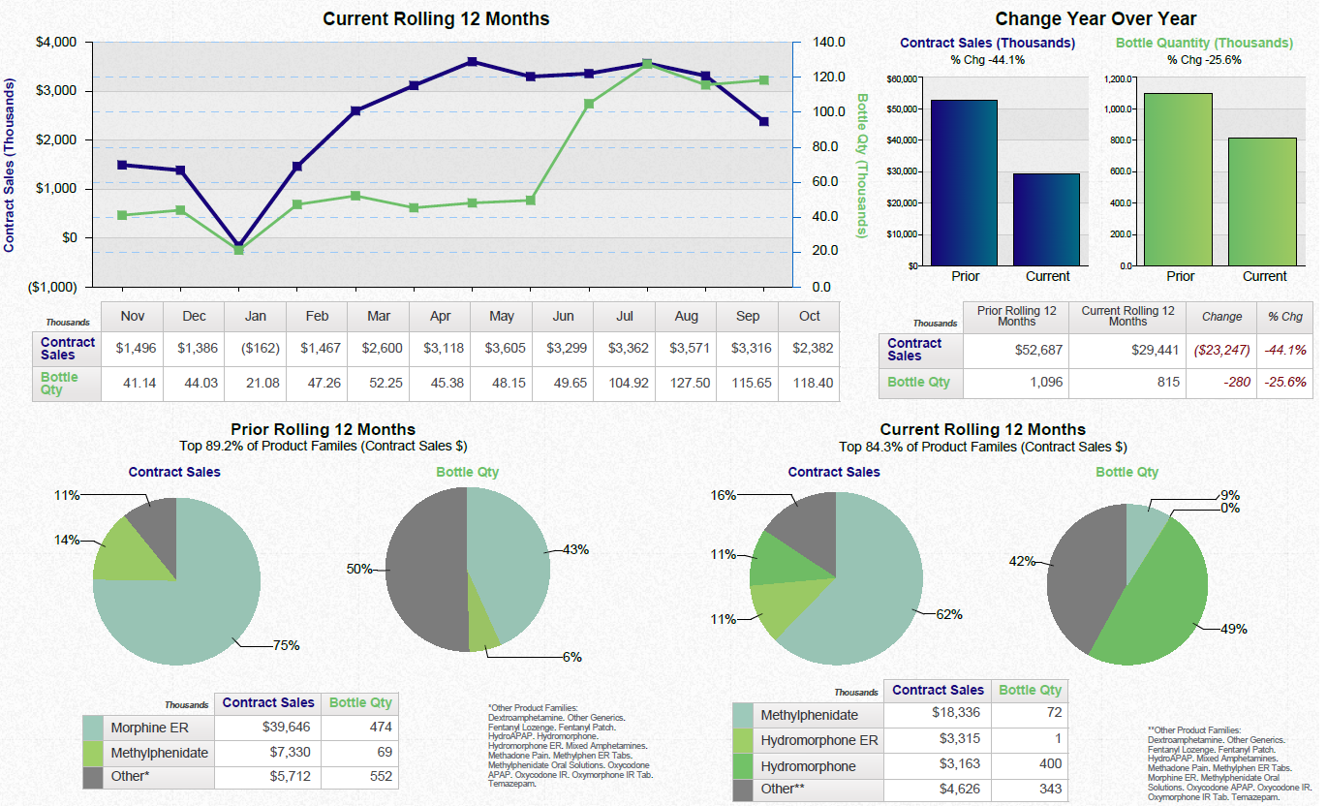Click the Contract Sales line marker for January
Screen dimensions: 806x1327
click(x=238, y=246)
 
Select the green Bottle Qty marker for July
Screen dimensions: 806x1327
click(x=647, y=64)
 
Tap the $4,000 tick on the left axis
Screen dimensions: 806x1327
click(x=57, y=43)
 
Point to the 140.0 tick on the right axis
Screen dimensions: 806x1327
click(x=829, y=43)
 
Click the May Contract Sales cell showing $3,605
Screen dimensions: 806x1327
click(x=502, y=347)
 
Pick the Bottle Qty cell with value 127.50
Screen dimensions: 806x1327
click(x=686, y=383)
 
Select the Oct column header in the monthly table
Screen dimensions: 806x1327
click(x=809, y=316)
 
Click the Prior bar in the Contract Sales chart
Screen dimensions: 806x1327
click(x=963, y=182)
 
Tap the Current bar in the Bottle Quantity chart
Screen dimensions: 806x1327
click(x=1263, y=201)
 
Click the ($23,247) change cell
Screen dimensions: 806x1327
click(x=1221, y=350)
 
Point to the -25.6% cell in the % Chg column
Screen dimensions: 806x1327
click(x=1284, y=382)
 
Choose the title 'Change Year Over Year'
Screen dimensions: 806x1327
click(x=1096, y=18)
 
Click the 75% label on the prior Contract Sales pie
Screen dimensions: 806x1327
click(x=286, y=645)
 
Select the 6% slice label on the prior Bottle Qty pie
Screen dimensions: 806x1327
click(x=572, y=657)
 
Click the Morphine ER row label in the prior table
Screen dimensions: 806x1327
click(x=149, y=728)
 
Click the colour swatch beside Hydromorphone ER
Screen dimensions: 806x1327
click(x=743, y=741)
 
